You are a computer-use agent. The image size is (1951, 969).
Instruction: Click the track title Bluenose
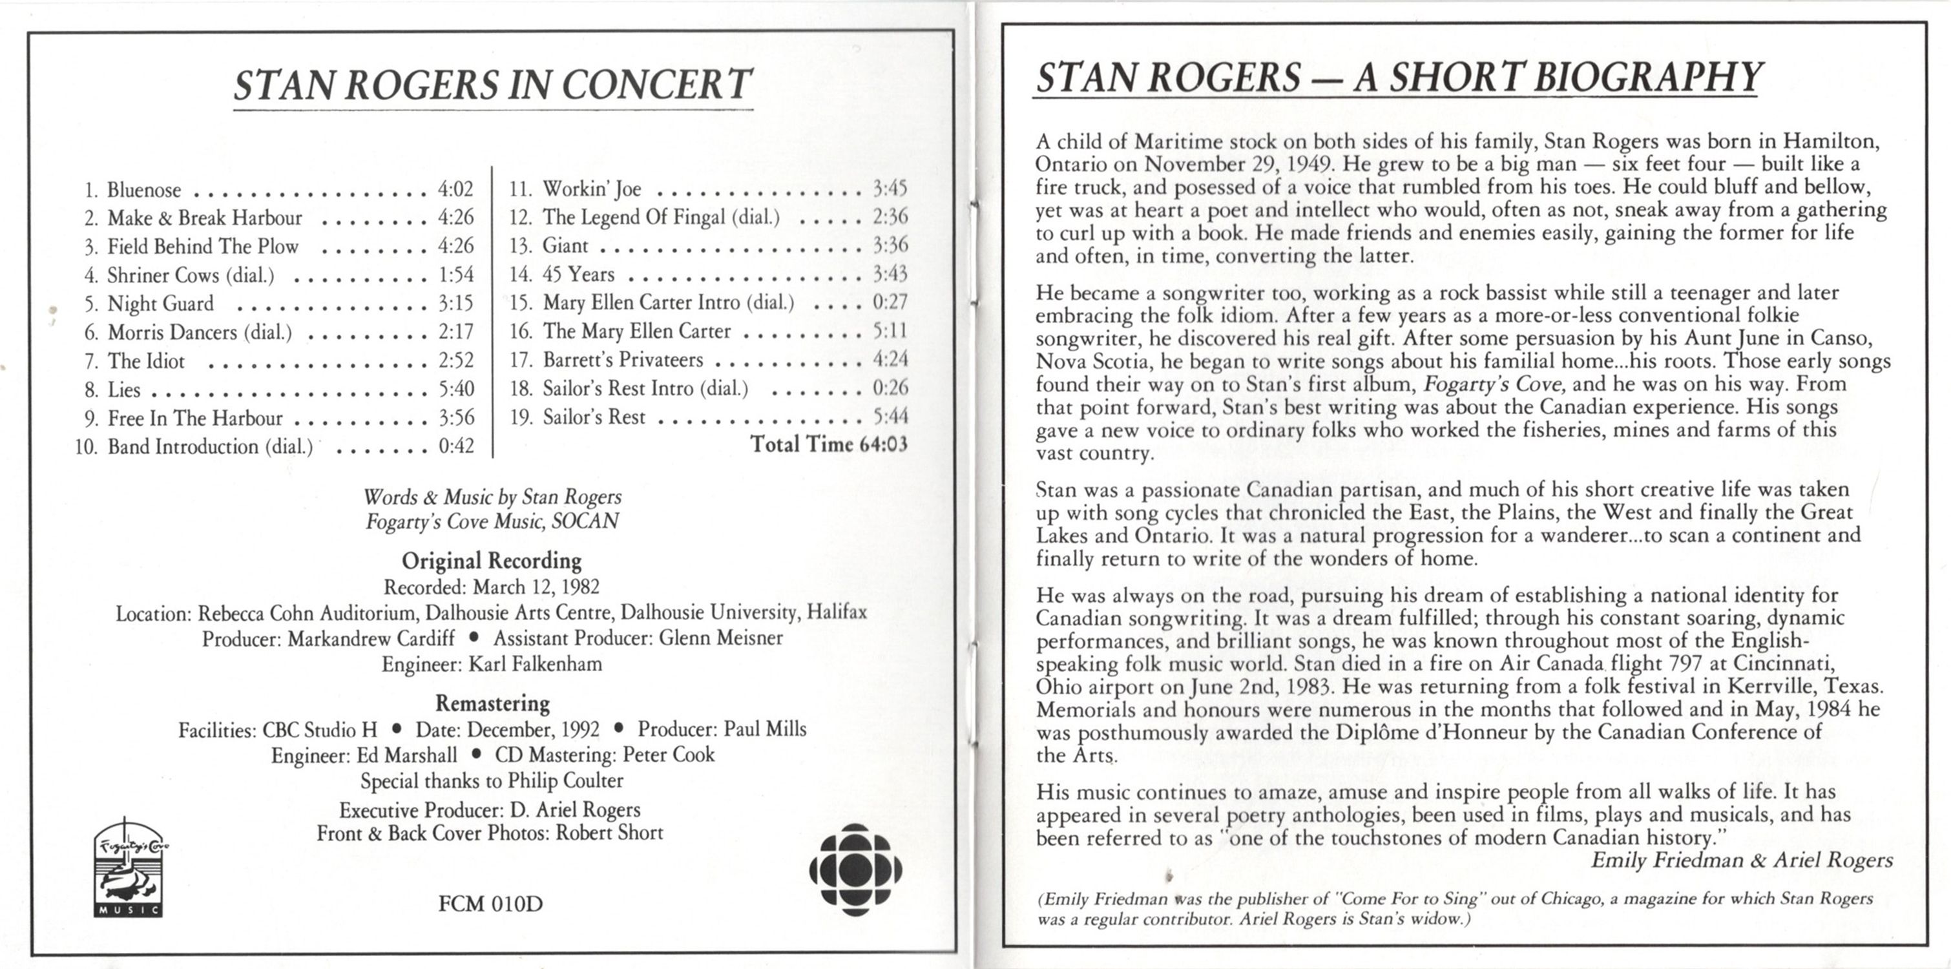click(x=144, y=189)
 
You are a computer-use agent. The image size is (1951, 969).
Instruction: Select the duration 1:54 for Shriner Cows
click(x=455, y=275)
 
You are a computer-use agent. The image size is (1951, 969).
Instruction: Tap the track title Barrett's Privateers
click(x=623, y=359)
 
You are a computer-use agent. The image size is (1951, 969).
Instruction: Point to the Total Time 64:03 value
click(x=883, y=444)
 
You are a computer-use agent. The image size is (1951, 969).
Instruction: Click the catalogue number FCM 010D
click(x=490, y=904)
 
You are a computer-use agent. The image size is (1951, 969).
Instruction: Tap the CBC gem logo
click(x=855, y=869)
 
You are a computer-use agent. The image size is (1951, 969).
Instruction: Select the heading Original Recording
click(x=492, y=561)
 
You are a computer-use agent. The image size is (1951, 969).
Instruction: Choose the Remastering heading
click(x=492, y=703)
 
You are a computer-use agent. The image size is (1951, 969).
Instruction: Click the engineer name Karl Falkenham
click(x=536, y=665)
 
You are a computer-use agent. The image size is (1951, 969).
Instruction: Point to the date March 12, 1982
click(x=536, y=587)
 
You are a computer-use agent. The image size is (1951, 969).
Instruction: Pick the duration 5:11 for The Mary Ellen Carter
click(x=890, y=331)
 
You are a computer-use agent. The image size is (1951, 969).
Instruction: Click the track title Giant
click(x=565, y=245)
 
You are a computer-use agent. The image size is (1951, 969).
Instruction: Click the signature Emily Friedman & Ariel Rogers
click(x=1741, y=860)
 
